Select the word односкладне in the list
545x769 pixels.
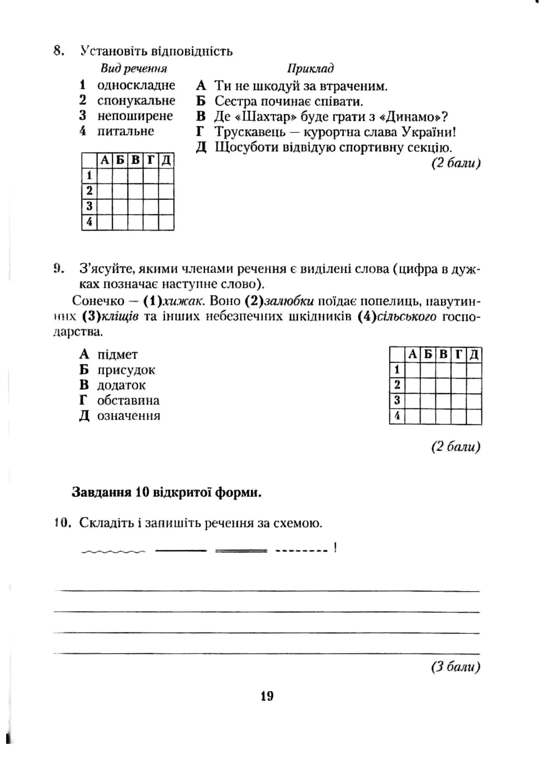pyautogui.click(x=136, y=85)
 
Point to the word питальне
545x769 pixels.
pyautogui.click(x=126, y=131)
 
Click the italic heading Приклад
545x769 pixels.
pyautogui.click(x=311, y=69)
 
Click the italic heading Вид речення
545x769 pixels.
pyautogui.click(x=134, y=69)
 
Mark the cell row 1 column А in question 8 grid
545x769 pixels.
pyautogui.click(x=105, y=176)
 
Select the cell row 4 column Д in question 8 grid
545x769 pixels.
pyautogui.click(x=166, y=222)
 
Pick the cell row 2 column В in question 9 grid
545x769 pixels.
pyautogui.click(x=443, y=385)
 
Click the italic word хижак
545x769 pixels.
pyautogui.click(x=183, y=301)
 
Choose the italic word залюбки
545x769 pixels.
pyautogui.click(x=289, y=301)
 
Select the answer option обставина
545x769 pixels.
pyautogui.click(x=128, y=400)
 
